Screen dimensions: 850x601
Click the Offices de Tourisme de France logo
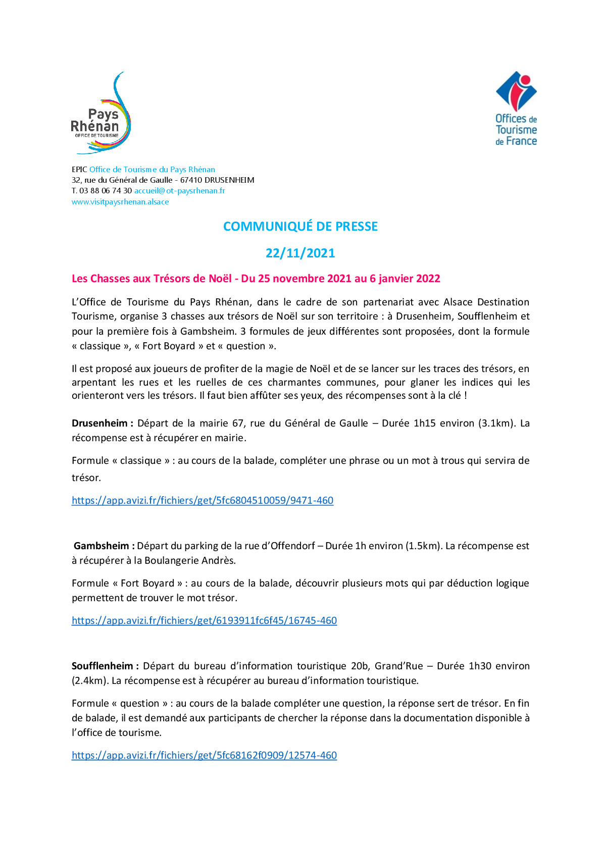(516, 109)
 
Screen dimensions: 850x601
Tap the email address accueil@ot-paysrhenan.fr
(179, 191)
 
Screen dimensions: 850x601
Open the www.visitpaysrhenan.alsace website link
(120, 202)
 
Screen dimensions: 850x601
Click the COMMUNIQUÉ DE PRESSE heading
(300, 227)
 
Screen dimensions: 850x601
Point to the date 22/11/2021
(300, 253)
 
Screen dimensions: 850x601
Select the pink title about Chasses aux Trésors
(256, 279)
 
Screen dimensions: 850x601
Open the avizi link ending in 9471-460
(203, 500)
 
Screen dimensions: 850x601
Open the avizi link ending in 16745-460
(204, 620)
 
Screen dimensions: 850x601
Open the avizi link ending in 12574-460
(204, 755)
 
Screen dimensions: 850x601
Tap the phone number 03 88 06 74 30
(106, 191)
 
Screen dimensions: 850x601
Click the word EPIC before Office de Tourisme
(79, 170)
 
